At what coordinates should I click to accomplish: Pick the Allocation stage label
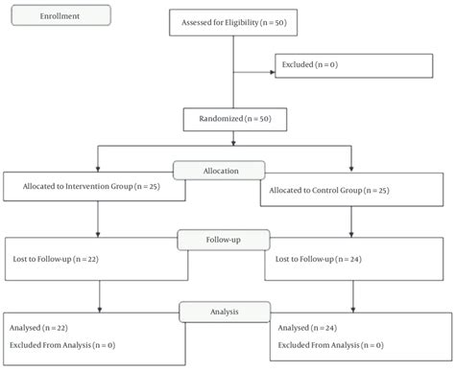click(x=219, y=170)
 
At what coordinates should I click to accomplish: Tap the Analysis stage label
click(x=219, y=311)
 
